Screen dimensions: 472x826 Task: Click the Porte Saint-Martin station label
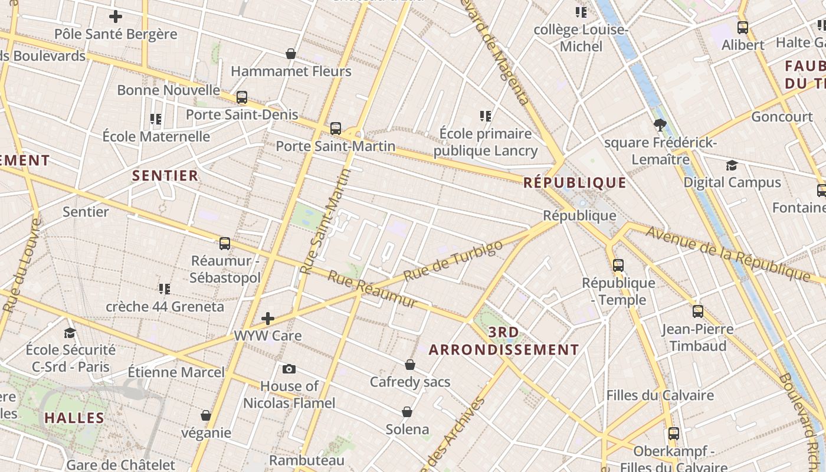pos(336,146)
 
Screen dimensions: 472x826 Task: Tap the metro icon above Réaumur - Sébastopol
pos(225,243)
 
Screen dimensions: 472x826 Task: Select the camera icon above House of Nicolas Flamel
pos(289,369)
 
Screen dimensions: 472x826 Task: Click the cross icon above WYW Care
pos(268,319)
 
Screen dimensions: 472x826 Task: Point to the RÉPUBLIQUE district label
pos(575,183)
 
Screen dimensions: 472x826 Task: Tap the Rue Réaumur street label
pos(372,289)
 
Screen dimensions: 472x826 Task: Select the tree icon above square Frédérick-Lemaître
pos(660,124)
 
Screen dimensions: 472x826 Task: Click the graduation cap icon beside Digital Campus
pos(732,165)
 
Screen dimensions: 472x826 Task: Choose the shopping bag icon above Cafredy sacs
pos(410,365)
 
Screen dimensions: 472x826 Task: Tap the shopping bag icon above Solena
pos(407,411)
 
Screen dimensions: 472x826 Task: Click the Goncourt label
pos(782,117)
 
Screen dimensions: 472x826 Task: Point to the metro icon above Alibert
pos(743,27)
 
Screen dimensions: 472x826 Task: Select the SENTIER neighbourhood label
pos(165,175)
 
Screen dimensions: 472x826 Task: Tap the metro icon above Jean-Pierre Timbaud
pos(698,311)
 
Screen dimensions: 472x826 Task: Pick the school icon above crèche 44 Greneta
pos(165,289)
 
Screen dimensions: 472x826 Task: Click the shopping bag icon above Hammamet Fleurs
pos(291,54)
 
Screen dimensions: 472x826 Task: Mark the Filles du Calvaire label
pos(660,395)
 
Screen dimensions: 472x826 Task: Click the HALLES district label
pos(74,418)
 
